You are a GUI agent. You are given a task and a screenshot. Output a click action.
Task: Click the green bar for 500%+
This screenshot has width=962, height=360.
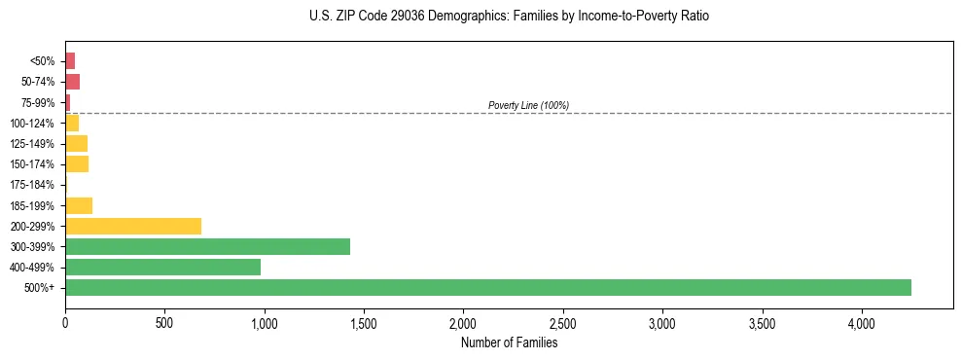click(x=487, y=287)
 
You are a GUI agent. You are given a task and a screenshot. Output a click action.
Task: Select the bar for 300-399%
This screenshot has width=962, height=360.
click(x=207, y=246)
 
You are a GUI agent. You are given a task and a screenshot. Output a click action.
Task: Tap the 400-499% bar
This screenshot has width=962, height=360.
click(x=162, y=267)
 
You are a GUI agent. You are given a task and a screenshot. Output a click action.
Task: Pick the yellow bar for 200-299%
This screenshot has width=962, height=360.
click(x=133, y=226)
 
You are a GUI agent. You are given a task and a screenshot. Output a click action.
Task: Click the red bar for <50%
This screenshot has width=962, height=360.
click(x=70, y=61)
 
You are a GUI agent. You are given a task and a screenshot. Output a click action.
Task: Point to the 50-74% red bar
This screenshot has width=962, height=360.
click(x=72, y=82)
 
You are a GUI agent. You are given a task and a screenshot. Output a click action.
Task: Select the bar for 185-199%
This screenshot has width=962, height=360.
click(x=79, y=205)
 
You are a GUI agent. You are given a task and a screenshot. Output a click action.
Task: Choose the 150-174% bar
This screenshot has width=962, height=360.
click(x=77, y=164)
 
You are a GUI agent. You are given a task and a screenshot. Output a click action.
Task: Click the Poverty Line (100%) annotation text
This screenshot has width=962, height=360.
click(x=528, y=105)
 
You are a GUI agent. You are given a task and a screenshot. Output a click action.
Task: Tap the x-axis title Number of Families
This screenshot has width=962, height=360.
click(x=509, y=342)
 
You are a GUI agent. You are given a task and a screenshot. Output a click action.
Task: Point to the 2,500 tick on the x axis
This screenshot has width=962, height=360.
click(x=562, y=322)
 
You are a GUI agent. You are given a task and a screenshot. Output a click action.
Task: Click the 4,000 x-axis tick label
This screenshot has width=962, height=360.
click(x=861, y=322)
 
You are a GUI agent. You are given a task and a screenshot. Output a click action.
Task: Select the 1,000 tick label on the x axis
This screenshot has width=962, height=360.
click(x=264, y=322)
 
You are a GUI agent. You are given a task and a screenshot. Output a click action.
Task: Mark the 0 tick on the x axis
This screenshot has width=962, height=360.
click(x=65, y=322)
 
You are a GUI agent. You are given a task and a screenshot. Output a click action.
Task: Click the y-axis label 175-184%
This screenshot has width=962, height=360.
click(x=32, y=185)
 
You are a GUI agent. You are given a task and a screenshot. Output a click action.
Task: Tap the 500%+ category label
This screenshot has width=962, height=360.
click(x=40, y=288)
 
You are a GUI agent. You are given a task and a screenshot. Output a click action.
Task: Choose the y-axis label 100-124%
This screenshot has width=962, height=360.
click(x=32, y=124)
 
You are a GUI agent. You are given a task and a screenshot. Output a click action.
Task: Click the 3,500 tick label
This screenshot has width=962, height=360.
click(x=762, y=322)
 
